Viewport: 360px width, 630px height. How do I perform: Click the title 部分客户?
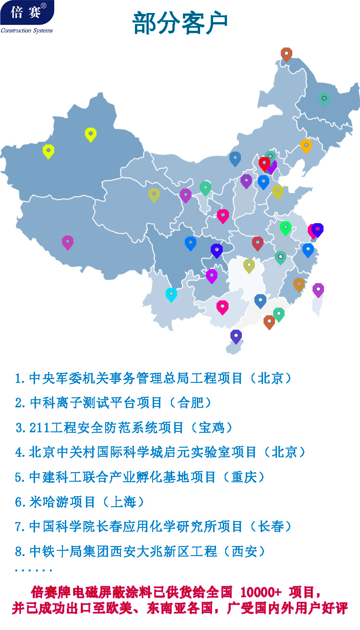180,23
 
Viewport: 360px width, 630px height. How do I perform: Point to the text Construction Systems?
27,31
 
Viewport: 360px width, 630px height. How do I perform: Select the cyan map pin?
171,294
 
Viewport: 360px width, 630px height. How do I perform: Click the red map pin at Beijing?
264,163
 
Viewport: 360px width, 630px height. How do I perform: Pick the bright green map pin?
286,227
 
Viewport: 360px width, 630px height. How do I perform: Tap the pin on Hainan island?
236,336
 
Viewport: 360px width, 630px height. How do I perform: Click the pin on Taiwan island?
318,289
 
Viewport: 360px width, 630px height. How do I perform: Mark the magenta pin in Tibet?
68,242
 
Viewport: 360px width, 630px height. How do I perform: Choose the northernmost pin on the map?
287,54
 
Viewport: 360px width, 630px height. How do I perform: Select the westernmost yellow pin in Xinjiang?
48,151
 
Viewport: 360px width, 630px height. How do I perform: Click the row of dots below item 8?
34,571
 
